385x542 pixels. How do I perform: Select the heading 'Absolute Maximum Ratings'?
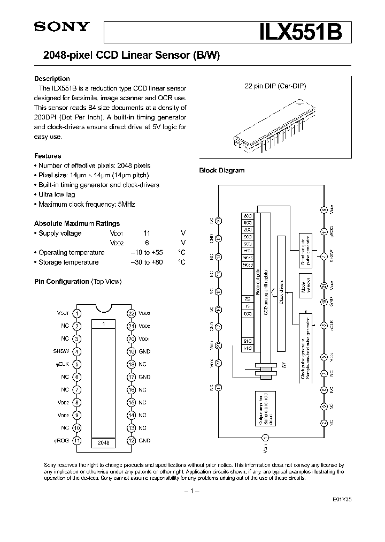pos(77,223)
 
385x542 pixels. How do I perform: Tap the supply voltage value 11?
pos(147,234)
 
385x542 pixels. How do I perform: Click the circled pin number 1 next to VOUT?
pos(78,313)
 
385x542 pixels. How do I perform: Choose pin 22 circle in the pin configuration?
pos(130,313)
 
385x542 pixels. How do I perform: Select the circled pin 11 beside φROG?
pos(78,441)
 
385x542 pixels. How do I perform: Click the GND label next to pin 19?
pos(144,352)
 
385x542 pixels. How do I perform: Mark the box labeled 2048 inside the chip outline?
pos(104,442)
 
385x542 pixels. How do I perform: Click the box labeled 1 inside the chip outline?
pos(104,324)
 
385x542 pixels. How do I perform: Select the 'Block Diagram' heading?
pos(221,170)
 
